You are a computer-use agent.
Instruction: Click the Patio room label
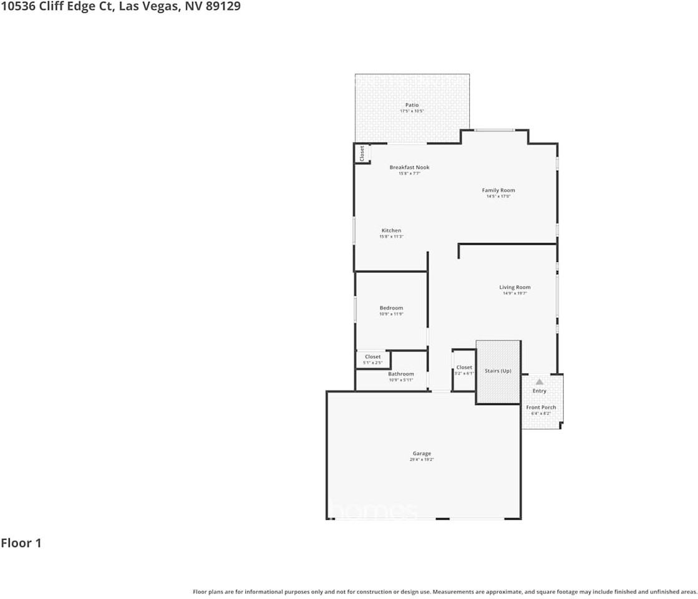pyautogui.click(x=412, y=105)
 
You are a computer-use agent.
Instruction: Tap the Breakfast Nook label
pyautogui.click(x=409, y=167)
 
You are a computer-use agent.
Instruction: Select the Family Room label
pyautogui.click(x=498, y=190)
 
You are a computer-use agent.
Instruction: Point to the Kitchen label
pyautogui.click(x=392, y=230)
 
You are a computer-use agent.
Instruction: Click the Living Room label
pyautogui.click(x=515, y=287)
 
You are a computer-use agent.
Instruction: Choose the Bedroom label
pyautogui.click(x=391, y=308)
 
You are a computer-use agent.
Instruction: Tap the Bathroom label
pyautogui.click(x=401, y=374)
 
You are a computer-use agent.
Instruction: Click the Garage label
pyautogui.click(x=422, y=454)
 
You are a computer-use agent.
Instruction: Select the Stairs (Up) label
pyautogui.click(x=498, y=371)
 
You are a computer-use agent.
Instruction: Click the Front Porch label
pyautogui.click(x=541, y=407)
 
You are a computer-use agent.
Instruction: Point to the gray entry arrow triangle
pyautogui.click(x=539, y=381)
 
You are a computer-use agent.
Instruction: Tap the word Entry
pyautogui.click(x=539, y=391)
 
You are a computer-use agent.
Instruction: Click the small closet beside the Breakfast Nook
pyautogui.click(x=362, y=153)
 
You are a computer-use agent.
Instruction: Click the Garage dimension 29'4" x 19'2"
pyautogui.click(x=422, y=460)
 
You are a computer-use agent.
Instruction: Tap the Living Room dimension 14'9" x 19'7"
pyautogui.click(x=515, y=293)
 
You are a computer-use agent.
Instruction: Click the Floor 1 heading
pyautogui.click(x=21, y=543)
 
